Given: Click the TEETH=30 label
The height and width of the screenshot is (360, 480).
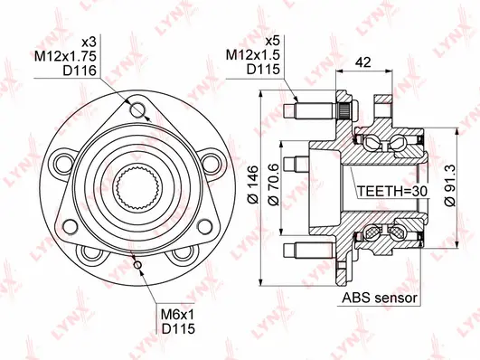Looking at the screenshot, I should tap(390, 193).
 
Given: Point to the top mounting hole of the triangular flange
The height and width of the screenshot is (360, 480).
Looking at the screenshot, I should tap(137, 109).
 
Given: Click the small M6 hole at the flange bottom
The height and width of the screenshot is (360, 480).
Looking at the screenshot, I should tap(136, 265).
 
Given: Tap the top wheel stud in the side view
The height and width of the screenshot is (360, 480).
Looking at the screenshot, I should tap(308, 113).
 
